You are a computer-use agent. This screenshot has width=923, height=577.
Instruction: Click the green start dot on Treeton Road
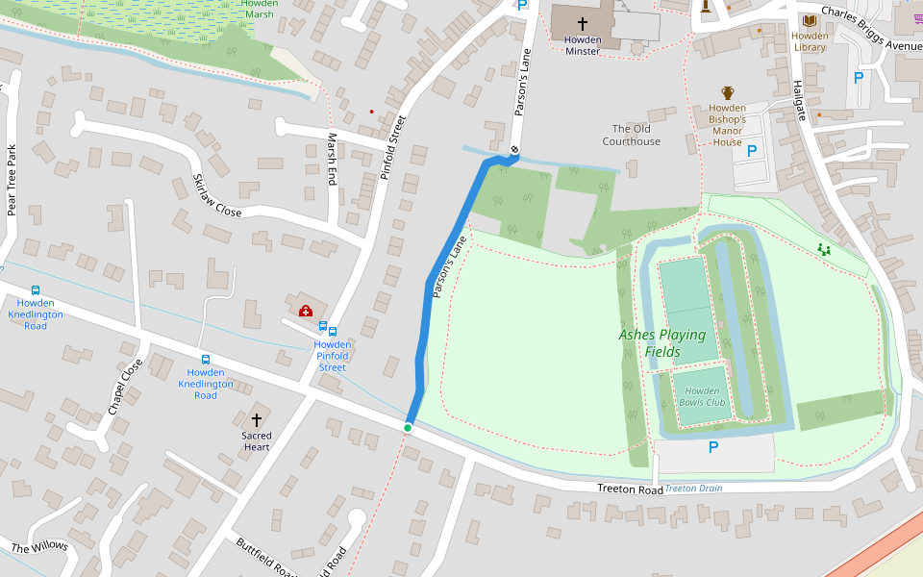coord(408,428)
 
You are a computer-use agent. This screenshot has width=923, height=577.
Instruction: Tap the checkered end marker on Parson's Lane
coord(515,149)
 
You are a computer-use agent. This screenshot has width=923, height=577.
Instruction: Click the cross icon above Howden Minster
coord(582,24)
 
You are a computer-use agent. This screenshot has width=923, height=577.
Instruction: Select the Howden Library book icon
coord(810,20)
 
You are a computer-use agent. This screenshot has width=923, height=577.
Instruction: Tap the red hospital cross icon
coord(306,311)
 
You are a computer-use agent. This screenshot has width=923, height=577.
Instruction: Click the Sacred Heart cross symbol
coord(257,420)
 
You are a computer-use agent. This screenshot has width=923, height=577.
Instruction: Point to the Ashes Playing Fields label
coord(661,343)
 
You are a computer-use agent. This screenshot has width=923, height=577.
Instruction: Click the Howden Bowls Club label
coord(698,396)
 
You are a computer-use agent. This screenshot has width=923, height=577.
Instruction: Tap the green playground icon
coord(823,249)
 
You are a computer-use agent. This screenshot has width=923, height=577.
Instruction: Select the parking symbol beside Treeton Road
coord(713,447)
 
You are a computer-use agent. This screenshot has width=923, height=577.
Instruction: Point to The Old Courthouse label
coord(631,135)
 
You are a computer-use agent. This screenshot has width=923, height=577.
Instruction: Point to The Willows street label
coord(39,547)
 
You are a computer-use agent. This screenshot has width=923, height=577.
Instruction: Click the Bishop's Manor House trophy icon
coord(728,93)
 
